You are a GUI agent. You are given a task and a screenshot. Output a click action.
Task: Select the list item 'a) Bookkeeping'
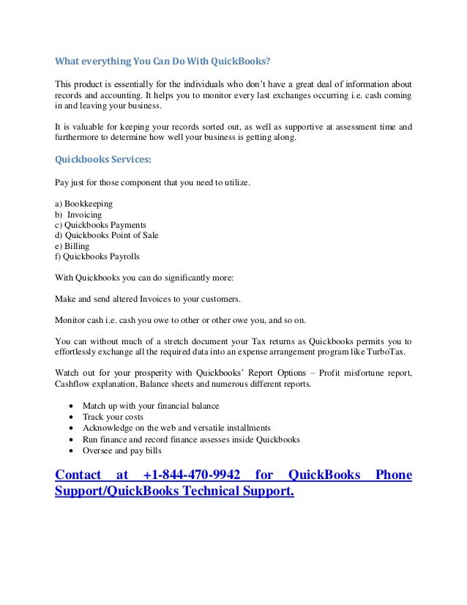84,202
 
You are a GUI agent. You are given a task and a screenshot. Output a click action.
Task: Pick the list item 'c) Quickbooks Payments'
101,224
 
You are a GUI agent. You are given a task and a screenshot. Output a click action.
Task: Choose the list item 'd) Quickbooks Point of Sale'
107,235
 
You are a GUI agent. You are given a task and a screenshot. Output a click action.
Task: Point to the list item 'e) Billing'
72,246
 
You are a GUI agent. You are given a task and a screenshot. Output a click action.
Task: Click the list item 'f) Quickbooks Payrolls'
97,257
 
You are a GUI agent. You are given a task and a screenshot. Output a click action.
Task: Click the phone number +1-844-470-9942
192,475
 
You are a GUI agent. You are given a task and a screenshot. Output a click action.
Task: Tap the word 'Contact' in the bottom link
78,475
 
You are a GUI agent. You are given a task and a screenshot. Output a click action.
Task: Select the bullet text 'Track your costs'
113,417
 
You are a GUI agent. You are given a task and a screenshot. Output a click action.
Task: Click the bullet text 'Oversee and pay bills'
122,450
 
